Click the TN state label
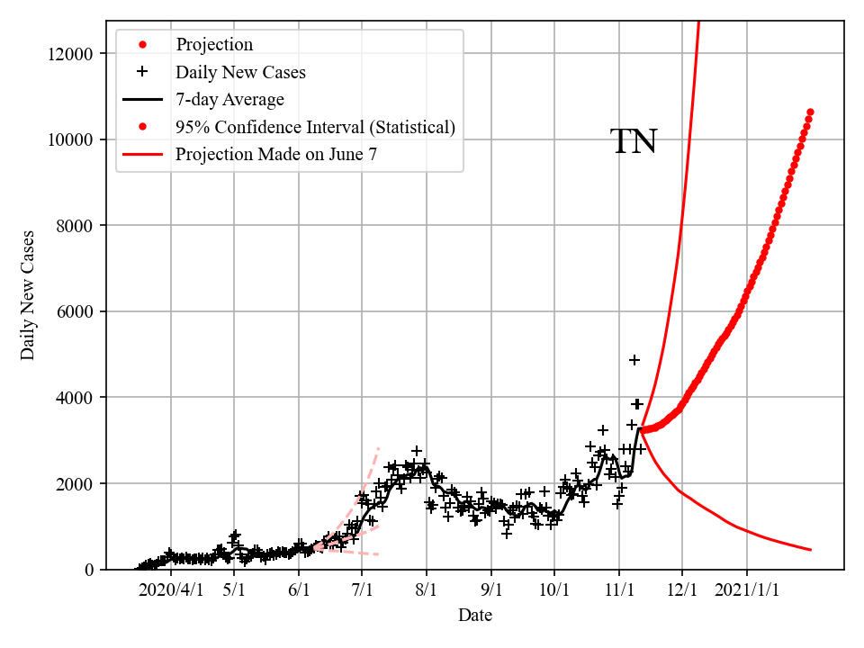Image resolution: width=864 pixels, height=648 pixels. tap(634, 142)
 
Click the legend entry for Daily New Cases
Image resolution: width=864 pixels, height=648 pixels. tap(240, 72)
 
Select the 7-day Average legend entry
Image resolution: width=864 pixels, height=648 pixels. tap(229, 99)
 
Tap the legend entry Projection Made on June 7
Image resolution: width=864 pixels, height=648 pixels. tap(275, 154)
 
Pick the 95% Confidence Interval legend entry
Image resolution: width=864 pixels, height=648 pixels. tap(315, 127)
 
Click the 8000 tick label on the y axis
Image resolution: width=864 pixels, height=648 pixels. tap(73, 226)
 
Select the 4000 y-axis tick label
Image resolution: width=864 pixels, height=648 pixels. tap(73, 398)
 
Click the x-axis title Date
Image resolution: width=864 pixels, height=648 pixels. tap(474, 616)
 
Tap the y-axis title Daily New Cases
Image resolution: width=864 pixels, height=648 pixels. tap(28, 295)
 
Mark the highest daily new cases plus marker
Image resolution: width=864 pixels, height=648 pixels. tap(634, 360)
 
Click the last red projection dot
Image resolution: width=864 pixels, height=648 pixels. tap(810, 112)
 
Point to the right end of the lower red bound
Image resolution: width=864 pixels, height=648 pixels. tap(811, 550)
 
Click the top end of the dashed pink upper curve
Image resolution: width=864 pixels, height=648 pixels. tap(379, 447)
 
